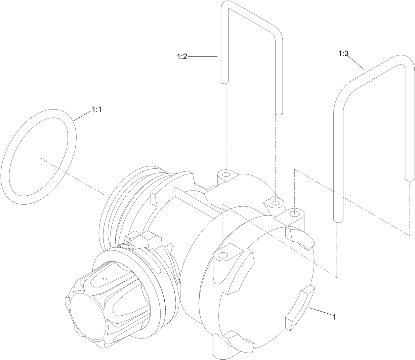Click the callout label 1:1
96,110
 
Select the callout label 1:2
182,57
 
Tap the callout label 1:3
343,53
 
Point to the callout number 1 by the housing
334,316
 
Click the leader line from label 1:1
82,115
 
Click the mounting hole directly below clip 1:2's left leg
226,174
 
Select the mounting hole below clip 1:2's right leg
275,203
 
